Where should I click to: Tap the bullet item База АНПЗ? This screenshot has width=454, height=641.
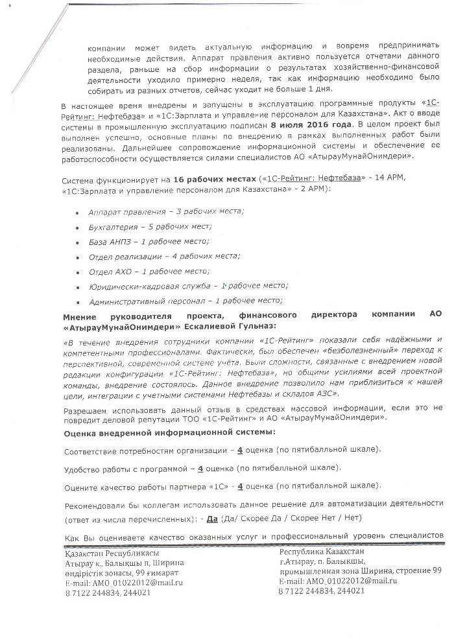click(x=149, y=241)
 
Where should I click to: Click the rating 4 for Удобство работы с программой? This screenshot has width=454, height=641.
click(x=201, y=467)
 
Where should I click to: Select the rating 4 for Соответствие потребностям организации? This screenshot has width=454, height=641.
click(x=241, y=449)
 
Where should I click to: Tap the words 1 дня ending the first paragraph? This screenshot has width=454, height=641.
click(x=302, y=88)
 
